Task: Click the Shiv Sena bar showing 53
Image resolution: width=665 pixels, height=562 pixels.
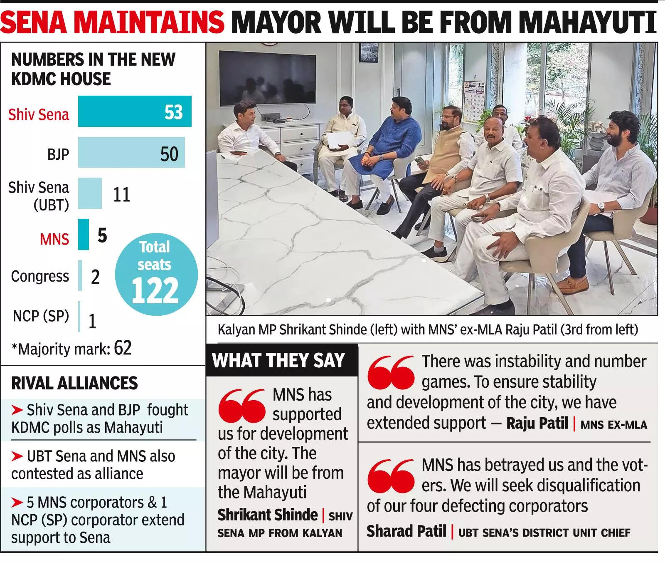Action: click(x=134, y=111)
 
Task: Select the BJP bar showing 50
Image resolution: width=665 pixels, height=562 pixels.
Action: click(x=131, y=153)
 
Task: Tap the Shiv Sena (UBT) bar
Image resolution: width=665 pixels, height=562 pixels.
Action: click(x=90, y=193)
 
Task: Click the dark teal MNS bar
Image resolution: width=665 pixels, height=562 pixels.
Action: click(x=84, y=235)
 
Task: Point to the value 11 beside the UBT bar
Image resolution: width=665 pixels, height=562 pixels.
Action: click(x=121, y=195)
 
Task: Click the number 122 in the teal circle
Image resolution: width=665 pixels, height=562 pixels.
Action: click(x=155, y=291)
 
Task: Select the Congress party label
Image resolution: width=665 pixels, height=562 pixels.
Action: click(x=40, y=277)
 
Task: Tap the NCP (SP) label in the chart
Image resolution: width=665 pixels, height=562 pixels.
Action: click(x=41, y=316)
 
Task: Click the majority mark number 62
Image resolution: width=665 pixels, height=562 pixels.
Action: click(x=123, y=348)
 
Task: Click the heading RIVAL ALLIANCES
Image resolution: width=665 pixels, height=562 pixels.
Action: click(x=74, y=383)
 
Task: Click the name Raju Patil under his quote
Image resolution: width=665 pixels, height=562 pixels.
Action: click(x=537, y=423)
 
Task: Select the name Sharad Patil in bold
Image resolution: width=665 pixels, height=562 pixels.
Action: click(x=406, y=531)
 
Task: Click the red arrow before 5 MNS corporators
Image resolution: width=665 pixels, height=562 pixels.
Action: click(x=17, y=503)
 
